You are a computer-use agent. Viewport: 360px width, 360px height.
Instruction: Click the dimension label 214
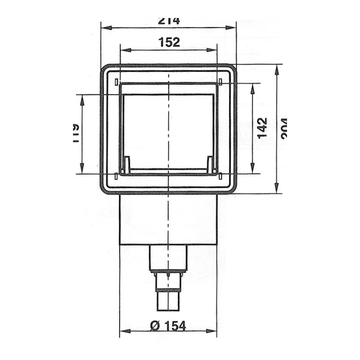(x=169, y=21)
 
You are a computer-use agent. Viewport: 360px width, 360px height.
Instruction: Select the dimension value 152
(x=169, y=42)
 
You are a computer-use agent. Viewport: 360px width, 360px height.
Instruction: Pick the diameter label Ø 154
(x=168, y=325)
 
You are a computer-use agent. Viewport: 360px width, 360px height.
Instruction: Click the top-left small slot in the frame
(x=116, y=82)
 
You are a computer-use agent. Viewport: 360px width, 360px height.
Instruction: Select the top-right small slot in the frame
(x=221, y=82)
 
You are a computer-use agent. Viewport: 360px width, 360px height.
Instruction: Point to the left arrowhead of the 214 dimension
(x=104, y=28)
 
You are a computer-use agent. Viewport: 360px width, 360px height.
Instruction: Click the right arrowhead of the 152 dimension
(x=214, y=50)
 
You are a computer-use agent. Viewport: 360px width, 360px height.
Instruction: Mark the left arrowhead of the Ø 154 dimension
(x=123, y=331)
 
